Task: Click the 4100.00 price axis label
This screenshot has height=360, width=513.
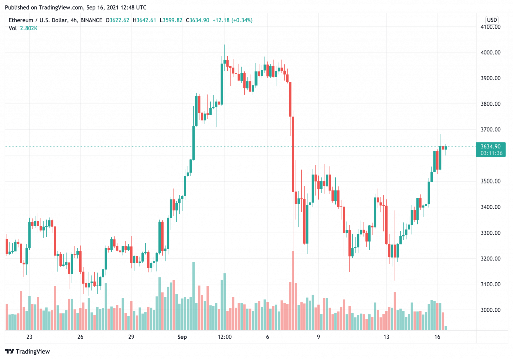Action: tap(491, 27)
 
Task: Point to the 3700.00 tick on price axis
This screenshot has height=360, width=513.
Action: tap(491, 129)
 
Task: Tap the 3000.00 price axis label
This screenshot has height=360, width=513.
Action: tap(491, 310)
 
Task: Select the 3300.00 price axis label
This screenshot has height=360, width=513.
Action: tap(491, 233)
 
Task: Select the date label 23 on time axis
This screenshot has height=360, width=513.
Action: tap(29, 337)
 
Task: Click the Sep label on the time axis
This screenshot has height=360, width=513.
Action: tap(182, 337)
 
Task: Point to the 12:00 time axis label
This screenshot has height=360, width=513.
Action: tap(224, 337)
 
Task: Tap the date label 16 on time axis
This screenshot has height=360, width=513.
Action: tap(437, 337)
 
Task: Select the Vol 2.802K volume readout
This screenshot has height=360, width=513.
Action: tap(23, 28)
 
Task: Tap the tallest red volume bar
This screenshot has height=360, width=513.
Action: tap(292, 290)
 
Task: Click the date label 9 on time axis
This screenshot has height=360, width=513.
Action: tap(319, 337)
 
